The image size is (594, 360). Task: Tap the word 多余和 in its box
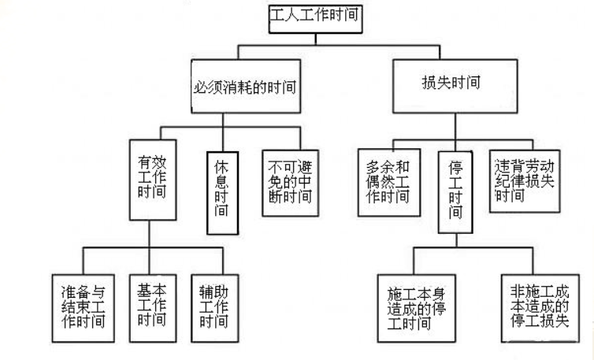click(385, 168)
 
